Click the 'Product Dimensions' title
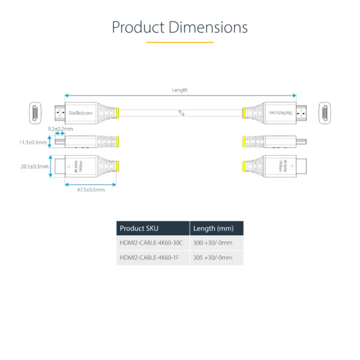coord(180,28)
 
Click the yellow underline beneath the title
coord(180,43)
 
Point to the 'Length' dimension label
coord(179,90)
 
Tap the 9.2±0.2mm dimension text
coord(60,129)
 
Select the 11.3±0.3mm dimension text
coord(34,142)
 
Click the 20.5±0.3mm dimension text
coord(34,166)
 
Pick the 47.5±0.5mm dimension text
coord(91,190)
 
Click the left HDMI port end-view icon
coord(36,112)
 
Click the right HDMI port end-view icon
coord(325,112)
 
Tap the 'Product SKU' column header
coord(140,228)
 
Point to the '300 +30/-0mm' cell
coord(214,243)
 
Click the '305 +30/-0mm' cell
coord(214,258)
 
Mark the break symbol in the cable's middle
coord(181,112)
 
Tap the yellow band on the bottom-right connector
coord(244,166)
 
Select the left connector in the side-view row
coord(90,142)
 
